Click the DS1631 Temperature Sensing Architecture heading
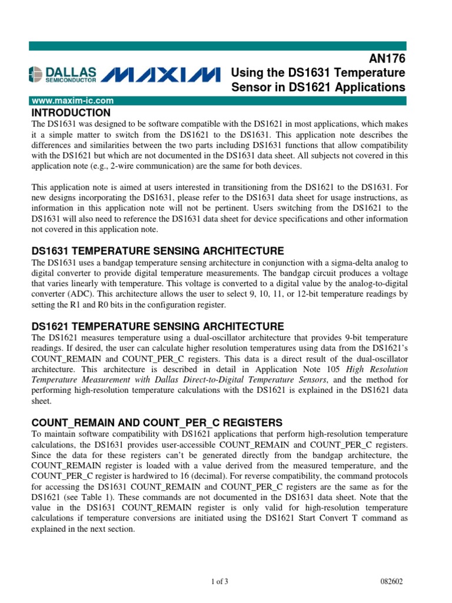(x=157, y=250)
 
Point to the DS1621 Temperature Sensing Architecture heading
(x=157, y=326)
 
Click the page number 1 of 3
(x=219, y=582)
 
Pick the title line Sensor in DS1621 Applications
(x=318, y=87)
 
